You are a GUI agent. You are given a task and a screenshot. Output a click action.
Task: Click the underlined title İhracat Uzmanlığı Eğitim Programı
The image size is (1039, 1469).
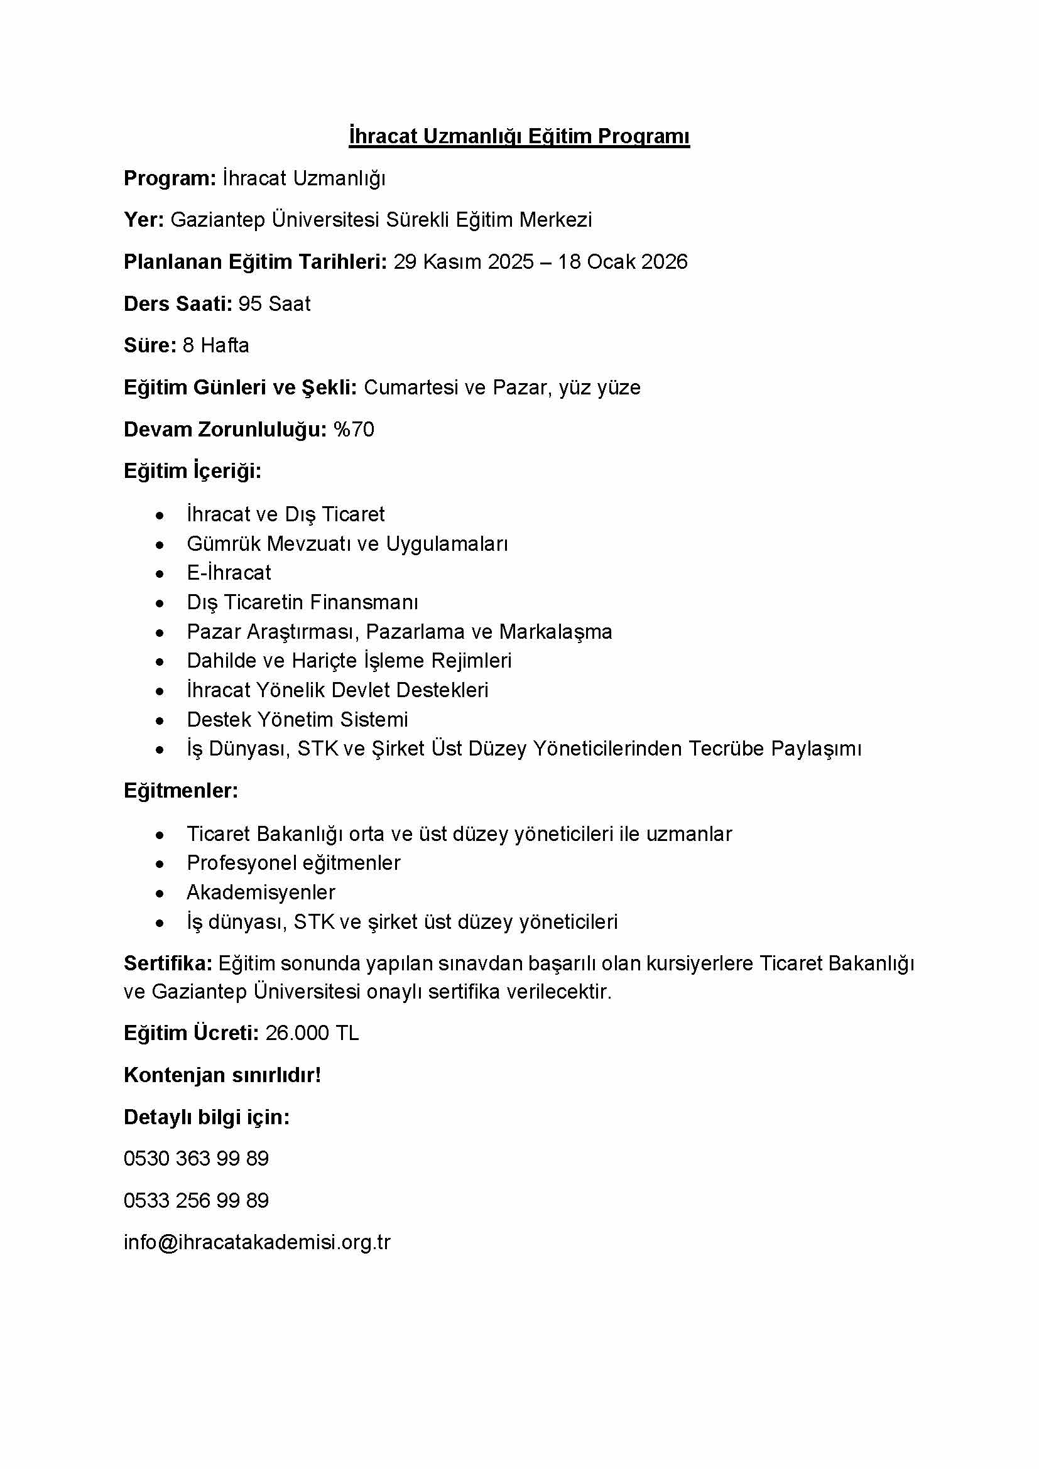(x=519, y=136)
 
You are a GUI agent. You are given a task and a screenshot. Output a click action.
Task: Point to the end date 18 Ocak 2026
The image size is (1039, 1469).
(x=623, y=262)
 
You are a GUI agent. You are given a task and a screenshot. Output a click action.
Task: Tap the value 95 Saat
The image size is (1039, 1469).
(x=274, y=304)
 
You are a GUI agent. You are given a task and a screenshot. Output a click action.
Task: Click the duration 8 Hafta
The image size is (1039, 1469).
(x=215, y=345)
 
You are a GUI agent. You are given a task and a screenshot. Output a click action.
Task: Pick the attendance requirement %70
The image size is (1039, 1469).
(x=353, y=430)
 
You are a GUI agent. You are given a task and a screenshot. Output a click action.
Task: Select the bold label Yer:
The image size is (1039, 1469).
(x=144, y=220)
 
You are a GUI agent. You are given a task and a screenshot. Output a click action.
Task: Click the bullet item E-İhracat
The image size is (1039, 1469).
(x=229, y=573)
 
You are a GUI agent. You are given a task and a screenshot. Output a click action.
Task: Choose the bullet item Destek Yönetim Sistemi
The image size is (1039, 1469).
(x=297, y=720)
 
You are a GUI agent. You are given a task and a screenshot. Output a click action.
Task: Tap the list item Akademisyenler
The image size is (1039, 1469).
(x=261, y=892)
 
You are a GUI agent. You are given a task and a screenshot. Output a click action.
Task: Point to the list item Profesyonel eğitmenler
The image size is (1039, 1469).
(x=293, y=863)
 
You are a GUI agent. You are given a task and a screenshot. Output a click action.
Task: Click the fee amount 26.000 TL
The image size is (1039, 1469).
(x=312, y=1033)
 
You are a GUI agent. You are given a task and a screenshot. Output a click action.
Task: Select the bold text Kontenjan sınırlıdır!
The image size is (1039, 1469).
(x=222, y=1075)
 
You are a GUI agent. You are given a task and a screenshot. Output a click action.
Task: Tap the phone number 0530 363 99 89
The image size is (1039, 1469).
(x=196, y=1159)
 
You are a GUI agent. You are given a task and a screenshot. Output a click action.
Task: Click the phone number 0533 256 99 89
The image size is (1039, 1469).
(x=196, y=1201)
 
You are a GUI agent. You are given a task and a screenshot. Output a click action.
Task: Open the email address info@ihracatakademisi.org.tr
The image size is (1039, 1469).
(x=256, y=1242)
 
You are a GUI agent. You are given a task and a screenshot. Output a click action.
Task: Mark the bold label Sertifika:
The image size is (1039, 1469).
(x=168, y=963)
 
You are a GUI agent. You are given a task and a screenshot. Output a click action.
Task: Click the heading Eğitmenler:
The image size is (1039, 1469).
(x=180, y=791)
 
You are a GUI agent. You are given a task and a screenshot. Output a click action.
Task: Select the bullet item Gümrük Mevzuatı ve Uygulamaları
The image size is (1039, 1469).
(x=347, y=544)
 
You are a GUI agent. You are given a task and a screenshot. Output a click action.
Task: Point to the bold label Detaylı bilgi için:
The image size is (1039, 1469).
(x=206, y=1117)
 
